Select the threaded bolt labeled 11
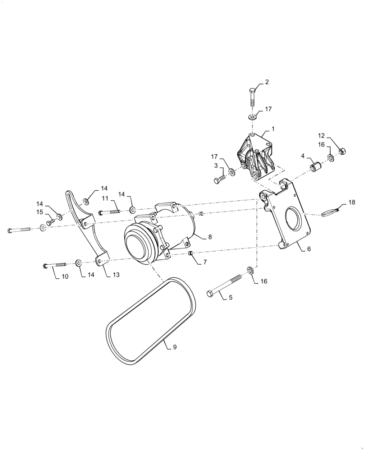[110, 212]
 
